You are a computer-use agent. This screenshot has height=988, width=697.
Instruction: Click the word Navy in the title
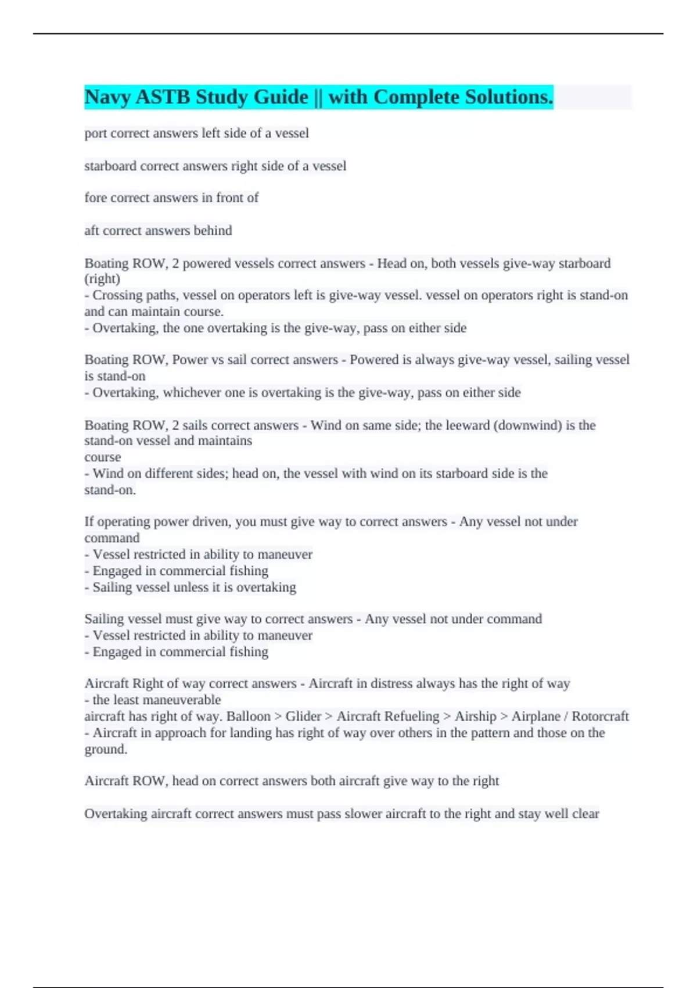tap(107, 97)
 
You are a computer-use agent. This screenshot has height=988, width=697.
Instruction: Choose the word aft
tap(91, 230)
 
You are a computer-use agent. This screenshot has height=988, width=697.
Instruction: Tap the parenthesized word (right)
tap(102, 278)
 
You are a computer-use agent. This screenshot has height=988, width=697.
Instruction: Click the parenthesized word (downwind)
tap(527, 425)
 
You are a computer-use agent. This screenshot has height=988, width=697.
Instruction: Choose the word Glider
tap(303, 716)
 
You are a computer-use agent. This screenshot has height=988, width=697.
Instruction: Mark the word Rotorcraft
tap(600, 716)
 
